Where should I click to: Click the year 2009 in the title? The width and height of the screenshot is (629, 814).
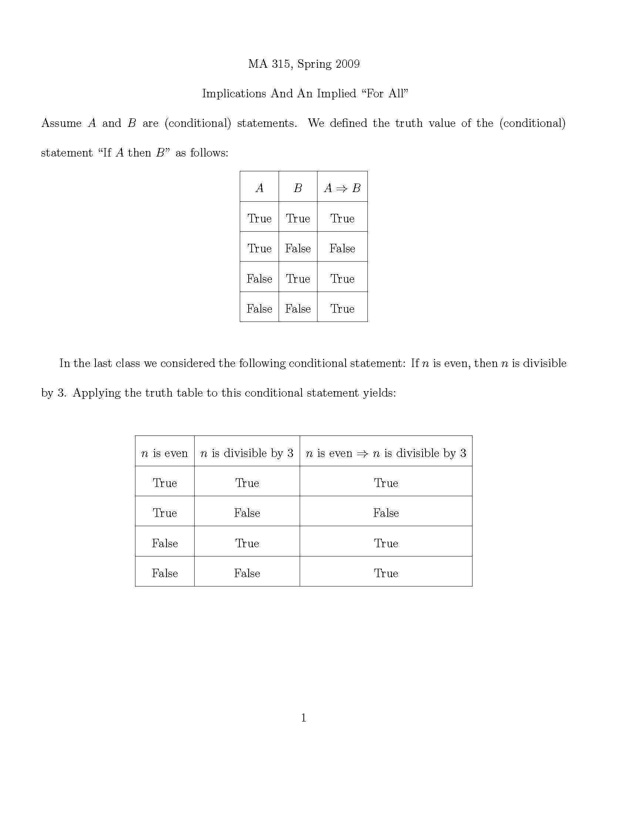[x=347, y=64]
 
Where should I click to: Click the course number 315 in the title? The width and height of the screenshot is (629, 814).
[x=280, y=64]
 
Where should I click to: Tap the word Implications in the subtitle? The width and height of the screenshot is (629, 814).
[x=234, y=94]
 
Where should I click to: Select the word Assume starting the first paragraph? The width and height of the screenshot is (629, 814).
[x=61, y=123]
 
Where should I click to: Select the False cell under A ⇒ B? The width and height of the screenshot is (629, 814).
[x=342, y=249]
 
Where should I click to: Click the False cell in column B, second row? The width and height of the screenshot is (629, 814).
[x=298, y=249]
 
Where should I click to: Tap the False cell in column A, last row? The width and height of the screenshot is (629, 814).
[x=259, y=309]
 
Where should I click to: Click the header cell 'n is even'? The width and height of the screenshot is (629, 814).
[x=164, y=453]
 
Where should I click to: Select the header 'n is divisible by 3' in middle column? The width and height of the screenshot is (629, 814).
[x=247, y=453]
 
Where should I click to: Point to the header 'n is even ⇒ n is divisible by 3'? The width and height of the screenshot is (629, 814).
[x=386, y=453]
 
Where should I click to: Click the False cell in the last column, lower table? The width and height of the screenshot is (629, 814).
[x=386, y=513]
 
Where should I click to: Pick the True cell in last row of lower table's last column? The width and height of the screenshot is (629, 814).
[x=386, y=573]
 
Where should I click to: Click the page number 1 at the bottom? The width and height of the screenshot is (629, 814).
[x=303, y=717]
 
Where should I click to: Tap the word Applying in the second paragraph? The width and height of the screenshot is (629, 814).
[x=97, y=393]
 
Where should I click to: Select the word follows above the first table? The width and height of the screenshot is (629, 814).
[x=209, y=153]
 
